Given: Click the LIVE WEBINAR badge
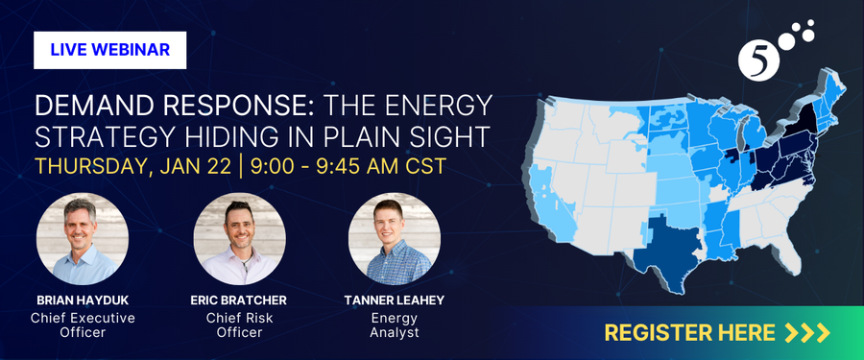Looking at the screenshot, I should click(109, 50).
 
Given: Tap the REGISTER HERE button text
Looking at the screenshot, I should click(689, 333).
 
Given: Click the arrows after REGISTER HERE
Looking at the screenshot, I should click(805, 333).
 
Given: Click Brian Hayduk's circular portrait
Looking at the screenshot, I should click(83, 238).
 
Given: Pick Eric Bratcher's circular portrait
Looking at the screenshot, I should click(239, 238).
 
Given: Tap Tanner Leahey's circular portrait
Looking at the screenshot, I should click(395, 238).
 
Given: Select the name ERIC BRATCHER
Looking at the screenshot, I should click(239, 300).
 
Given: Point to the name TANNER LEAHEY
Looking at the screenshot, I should click(395, 300).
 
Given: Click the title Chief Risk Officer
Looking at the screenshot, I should click(239, 324).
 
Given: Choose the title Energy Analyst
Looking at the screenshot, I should click(395, 324).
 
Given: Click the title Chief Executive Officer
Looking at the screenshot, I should click(83, 324).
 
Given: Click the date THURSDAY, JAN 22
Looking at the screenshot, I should click(132, 165).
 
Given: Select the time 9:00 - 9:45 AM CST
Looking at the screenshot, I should click(348, 165).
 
